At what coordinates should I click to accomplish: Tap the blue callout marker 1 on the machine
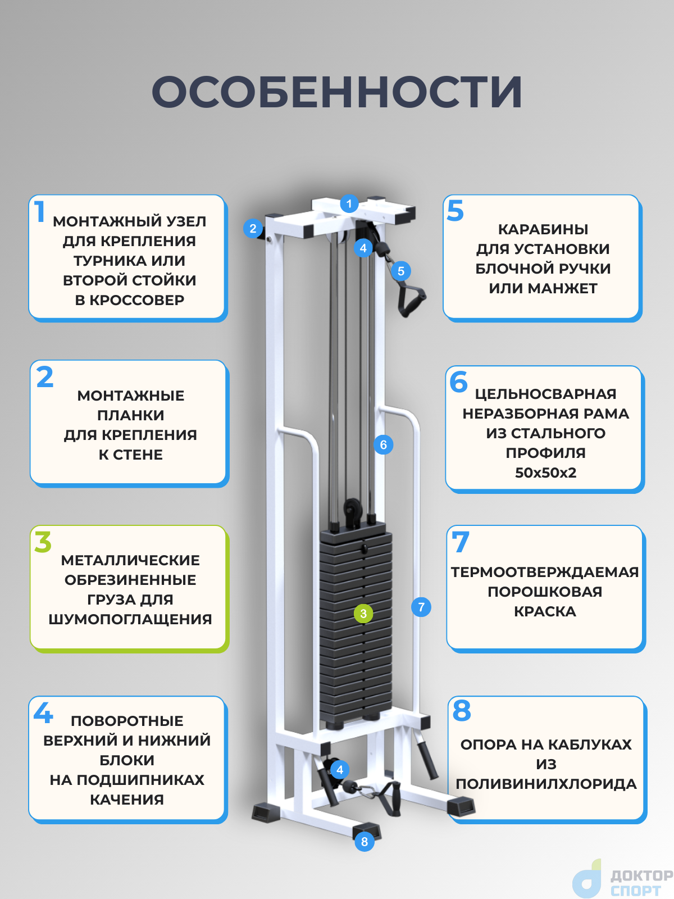[x=349, y=203]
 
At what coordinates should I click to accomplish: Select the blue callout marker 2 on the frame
[x=253, y=228]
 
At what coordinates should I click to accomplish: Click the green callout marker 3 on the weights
[x=363, y=614]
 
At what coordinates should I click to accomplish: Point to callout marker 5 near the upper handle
[x=401, y=271]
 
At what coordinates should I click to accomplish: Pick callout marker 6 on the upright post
[x=384, y=445]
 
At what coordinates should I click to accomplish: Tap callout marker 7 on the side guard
[x=421, y=607]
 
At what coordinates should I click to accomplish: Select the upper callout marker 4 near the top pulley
[x=363, y=248]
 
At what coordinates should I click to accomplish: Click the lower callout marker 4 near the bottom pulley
[x=340, y=770]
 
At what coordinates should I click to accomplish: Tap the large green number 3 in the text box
[x=43, y=542]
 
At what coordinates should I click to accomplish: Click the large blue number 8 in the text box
[x=462, y=711]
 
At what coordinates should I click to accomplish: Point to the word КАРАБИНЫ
[x=543, y=229]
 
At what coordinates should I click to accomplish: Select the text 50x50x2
[x=545, y=473]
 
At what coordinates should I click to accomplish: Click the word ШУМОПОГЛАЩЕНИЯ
[x=130, y=619]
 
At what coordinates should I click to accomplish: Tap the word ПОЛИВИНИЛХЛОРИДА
[x=546, y=784]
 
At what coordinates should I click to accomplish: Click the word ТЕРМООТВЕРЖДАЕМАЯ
[x=545, y=572]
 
